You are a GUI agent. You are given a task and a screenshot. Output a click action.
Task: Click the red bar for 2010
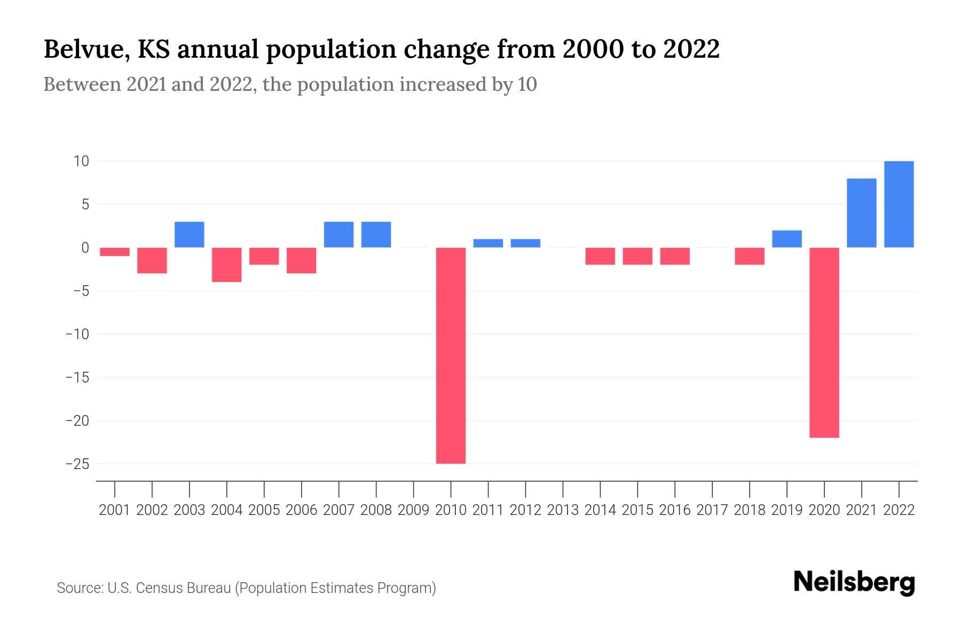451,355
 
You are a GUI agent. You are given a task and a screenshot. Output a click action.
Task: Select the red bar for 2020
824,342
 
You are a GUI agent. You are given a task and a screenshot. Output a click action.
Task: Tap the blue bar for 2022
899,204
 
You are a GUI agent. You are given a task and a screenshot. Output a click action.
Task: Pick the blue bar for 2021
862,213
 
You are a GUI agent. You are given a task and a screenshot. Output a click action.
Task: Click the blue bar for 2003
190,234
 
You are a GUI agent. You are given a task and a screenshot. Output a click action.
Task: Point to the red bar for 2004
227,264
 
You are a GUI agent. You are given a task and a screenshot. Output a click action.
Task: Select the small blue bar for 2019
787,239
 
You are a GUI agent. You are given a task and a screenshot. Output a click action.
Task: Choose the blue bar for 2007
339,234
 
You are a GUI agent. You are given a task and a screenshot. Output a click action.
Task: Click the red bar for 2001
115,252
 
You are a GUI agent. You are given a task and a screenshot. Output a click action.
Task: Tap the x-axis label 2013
563,510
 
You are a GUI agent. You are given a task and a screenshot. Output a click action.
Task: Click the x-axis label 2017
712,510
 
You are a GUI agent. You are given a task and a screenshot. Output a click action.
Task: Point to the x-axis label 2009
414,510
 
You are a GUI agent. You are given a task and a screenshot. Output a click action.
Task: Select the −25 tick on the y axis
77,464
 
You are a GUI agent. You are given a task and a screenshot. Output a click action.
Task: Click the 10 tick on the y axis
82,161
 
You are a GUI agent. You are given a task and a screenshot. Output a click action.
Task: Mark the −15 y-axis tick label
77,377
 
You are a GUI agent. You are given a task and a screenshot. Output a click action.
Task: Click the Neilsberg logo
854,583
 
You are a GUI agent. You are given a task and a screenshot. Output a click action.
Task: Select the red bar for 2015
637,256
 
